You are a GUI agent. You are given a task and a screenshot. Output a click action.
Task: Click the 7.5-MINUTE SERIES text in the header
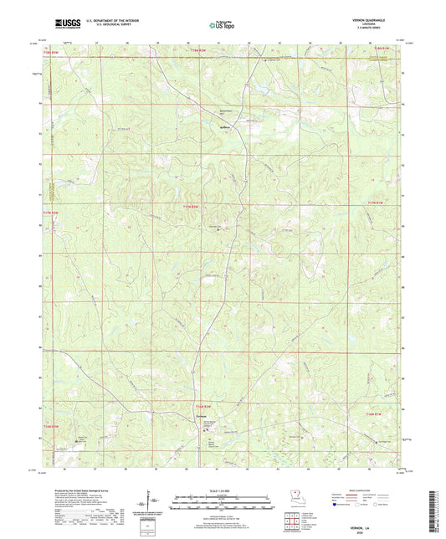tap(382, 31)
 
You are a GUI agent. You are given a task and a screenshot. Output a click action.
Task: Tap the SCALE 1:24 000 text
tap(223, 490)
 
